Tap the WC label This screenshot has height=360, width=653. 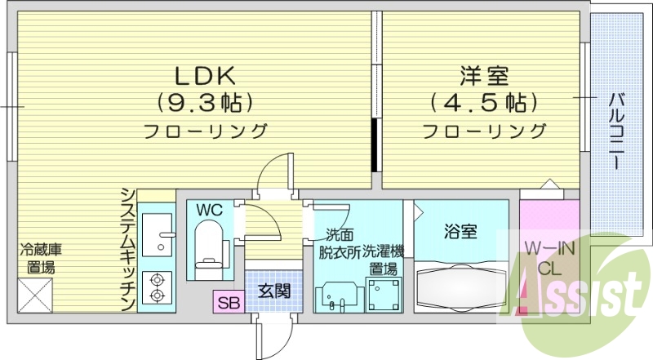tap(209, 210)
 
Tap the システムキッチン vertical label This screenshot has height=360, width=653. tap(127, 249)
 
